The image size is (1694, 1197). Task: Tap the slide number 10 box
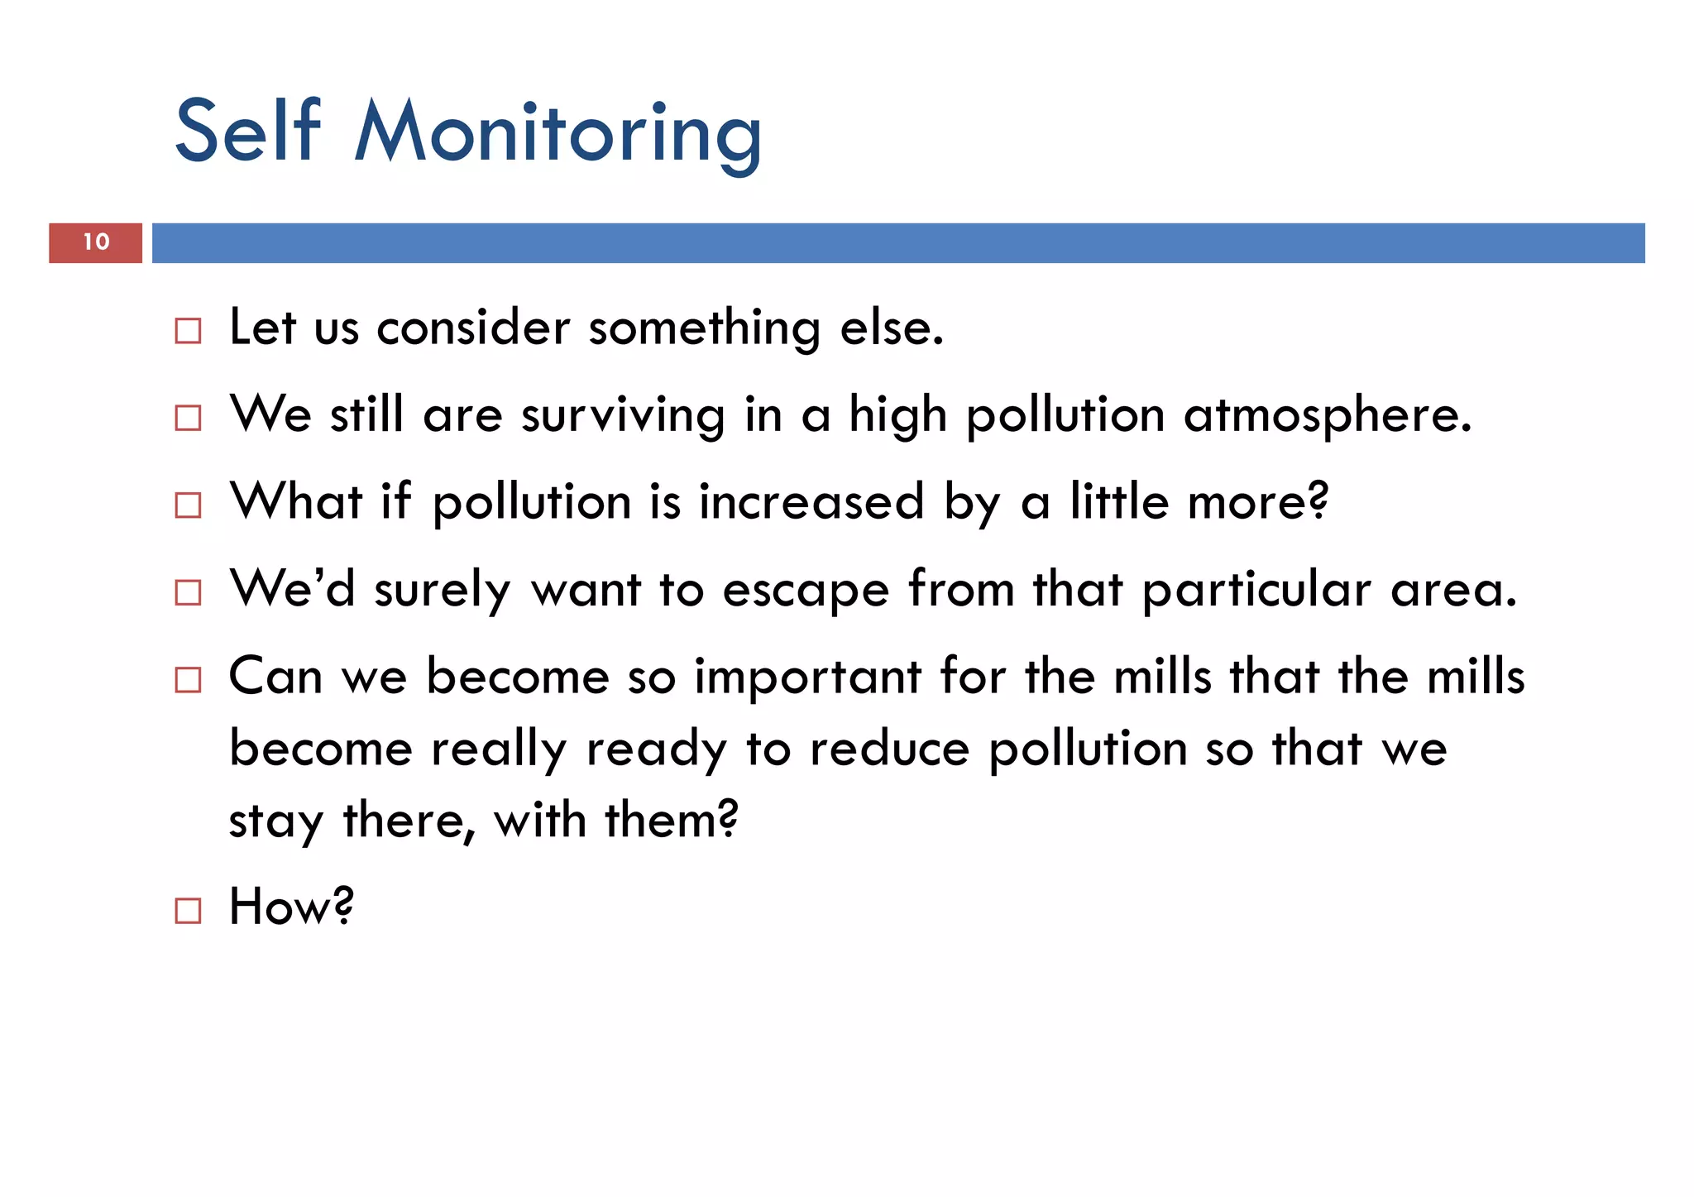pos(96,242)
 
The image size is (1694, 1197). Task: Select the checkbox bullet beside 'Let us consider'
pos(188,331)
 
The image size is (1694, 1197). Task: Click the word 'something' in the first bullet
pos(704,328)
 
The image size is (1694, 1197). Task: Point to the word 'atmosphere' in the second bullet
pos(1327,416)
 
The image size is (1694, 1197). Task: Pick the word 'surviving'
pos(623,416)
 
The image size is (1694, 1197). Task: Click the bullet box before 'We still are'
pos(188,418)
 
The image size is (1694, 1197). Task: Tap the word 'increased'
pos(811,502)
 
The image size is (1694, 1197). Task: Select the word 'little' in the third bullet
pos(1119,501)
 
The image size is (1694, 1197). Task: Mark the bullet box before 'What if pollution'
pos(188,505)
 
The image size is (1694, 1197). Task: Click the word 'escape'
pos(806,591)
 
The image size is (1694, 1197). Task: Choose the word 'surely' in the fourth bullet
pos(443,591)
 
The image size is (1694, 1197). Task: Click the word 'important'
pos(807,678)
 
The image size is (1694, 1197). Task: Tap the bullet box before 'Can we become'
pos(188,680)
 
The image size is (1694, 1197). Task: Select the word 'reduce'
pos(889,749)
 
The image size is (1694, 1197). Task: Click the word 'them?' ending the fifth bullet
pos(672,821)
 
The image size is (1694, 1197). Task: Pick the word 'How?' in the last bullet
pos(291,907)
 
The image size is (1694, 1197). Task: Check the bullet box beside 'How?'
pos(188,911)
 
